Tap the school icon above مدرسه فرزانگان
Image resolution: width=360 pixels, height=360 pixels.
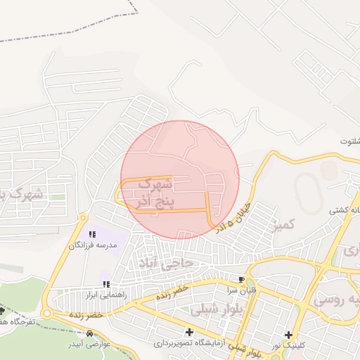coord(91,234)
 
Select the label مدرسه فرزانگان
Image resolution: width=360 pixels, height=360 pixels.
coord(91,245)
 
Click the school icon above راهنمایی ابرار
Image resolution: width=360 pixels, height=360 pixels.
coord(106,284)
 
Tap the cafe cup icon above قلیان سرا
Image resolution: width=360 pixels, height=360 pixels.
coord(242,279)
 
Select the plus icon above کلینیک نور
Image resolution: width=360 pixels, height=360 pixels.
coord(288,334)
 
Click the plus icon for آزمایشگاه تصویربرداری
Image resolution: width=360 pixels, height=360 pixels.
coord(188,331)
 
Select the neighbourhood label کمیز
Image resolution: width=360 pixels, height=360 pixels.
coord(284,225)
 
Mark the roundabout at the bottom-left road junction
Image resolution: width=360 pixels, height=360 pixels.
coord(48,314)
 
